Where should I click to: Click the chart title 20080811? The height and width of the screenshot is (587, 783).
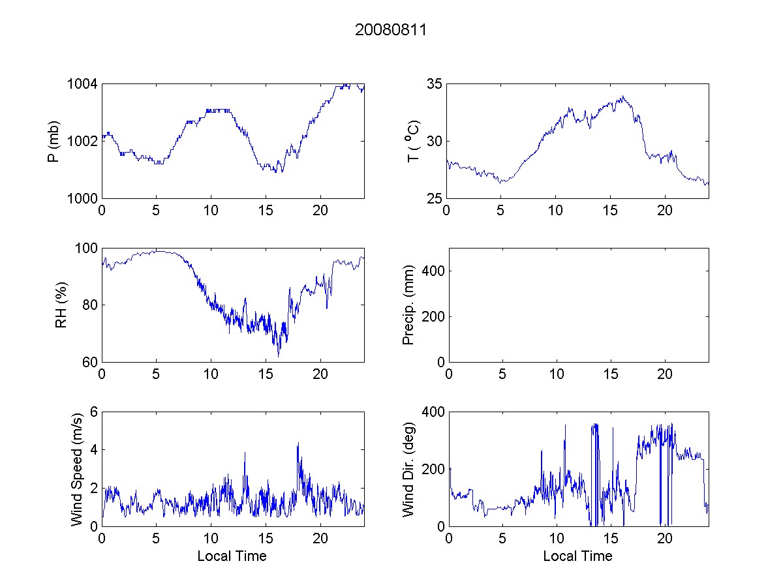click(x=391, y=30)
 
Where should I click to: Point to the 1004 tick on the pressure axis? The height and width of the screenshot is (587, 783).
click(x=84, y=84)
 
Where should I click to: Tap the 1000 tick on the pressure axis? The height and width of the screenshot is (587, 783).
click(x=84, y=198)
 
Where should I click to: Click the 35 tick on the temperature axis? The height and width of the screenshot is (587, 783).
click(x=435, y=84)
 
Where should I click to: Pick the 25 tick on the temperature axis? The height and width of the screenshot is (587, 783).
click(x=435, y=198)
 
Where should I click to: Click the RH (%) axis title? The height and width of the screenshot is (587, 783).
click(x=61, y=305)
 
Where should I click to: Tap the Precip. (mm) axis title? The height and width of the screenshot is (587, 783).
click(x=408, y=305)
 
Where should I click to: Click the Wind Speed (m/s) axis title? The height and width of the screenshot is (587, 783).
click(x=77, y=469)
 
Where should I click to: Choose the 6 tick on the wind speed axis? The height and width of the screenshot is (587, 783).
click(x=93, y=412)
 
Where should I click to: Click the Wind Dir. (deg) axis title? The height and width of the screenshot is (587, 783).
click(x=408, y=469)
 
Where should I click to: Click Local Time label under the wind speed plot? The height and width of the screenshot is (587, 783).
click(x=232, y=556)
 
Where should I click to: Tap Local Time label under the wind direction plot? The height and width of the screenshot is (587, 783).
click(x=577, y=556)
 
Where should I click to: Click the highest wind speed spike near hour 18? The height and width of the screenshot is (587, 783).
click(x=298, y=444)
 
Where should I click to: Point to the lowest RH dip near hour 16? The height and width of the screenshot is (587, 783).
click(x=279, y=356)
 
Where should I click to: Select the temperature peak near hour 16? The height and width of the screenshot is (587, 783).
click(x=623, y=97)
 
